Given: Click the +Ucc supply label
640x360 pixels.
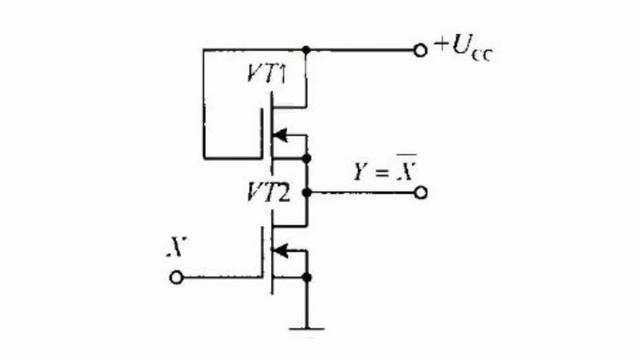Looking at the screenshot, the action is (x=464, y=49).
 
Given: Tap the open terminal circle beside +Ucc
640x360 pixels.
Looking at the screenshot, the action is (x=420, y=51).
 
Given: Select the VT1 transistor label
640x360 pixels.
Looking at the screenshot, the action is (x=267, y=74).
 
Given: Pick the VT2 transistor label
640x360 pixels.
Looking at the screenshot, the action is (x=268, y=192).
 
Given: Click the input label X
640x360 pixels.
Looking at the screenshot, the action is (x=177, y=247).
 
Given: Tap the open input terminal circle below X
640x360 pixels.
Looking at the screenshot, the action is (x=176, y=278).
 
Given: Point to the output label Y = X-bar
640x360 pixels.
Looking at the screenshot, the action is (x=385, y=168).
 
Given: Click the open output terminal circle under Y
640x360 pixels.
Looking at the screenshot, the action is (x=421, y=193).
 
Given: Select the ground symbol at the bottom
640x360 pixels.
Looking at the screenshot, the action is (x=307, y=328).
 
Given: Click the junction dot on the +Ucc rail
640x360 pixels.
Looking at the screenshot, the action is (x=306, y=50).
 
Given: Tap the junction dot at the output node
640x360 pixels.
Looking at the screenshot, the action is (x=307, y=192).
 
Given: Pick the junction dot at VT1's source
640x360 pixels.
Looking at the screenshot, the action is (x=307, y=158).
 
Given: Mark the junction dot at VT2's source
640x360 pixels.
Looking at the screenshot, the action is (x=307, y=278).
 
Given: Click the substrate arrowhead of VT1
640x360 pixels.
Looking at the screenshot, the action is (x=280, y=135).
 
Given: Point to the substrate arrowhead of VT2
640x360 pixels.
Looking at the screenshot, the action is (x=280, y=251).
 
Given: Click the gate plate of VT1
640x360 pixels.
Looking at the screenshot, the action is (x=262, y=133).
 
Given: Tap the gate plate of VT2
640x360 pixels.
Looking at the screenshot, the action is (x=262, y=253).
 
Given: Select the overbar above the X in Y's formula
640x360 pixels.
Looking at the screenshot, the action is (x=407, y=155).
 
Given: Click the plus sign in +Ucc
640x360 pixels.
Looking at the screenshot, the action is (x=441, y=44).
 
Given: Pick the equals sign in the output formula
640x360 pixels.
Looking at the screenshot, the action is (x=381, y=173).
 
